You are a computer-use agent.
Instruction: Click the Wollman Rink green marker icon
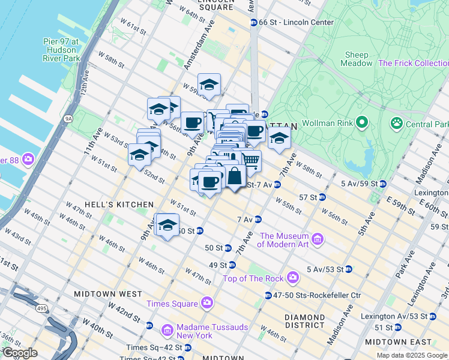(x=361, y=124)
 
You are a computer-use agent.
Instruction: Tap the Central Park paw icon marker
(x=396, y=124)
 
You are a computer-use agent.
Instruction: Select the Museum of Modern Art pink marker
(x=318, y=240)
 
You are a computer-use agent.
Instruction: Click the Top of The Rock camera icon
(x=292, y=277)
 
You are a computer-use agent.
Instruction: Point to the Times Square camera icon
(x=207, y=302)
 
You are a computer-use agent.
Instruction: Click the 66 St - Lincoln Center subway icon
(x=254, y=22)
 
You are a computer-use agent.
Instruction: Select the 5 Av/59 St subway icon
(x=382, y=183)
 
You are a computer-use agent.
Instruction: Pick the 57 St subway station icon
(x=322, y=197)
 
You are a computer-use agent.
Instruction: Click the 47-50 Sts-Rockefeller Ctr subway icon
(x=268, y=295)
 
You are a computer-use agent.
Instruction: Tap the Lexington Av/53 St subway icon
(x=432, y=316)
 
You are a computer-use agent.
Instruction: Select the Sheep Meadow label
(x=357, y=59)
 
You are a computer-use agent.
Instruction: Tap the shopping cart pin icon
(x=251, y=160)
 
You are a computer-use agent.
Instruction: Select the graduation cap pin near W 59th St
(x=209, y=85)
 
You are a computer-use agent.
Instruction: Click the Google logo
(x=20, y=353)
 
